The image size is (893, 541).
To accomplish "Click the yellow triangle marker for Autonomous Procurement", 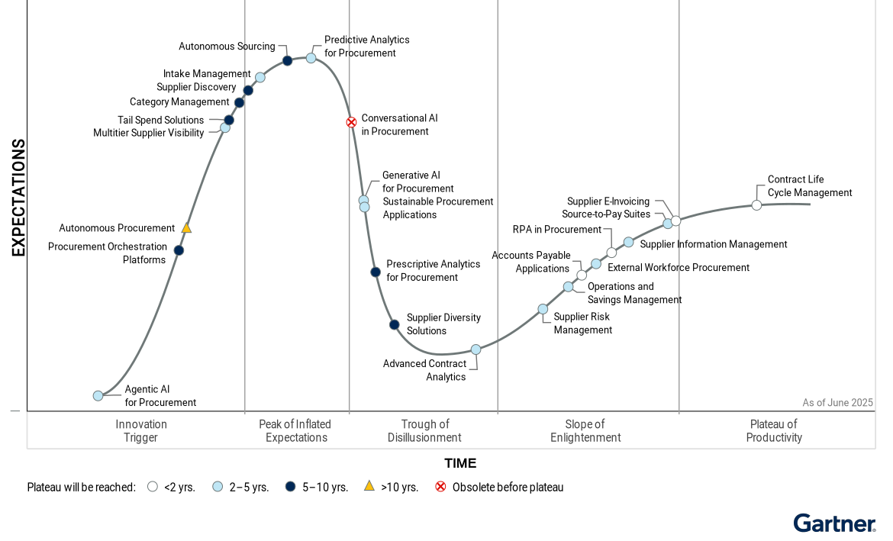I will (186, 227).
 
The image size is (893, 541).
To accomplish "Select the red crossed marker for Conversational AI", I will (351, 122).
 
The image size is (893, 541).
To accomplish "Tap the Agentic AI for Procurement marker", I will (98, 395).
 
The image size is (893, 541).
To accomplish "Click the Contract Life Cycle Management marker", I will (756, 205).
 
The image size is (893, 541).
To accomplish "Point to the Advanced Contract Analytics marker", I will (476, 349).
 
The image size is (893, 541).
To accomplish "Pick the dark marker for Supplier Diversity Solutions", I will (394, 324).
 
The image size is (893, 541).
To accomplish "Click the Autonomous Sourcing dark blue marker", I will (287, 60).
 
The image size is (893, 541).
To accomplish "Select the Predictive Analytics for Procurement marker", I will (311, 58).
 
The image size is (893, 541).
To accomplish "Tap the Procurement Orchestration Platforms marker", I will (179, 250).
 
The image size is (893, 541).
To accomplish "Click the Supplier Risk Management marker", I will (543, 309).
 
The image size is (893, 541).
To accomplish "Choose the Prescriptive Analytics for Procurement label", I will (433, 271).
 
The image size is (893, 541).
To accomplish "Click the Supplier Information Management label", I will (713, 244).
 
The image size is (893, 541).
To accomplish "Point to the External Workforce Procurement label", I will (678, 268).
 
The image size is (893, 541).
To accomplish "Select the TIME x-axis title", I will (460, 463).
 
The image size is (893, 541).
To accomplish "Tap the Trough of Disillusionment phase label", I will (424, 431).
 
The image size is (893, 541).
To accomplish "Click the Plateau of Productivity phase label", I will (773, 431).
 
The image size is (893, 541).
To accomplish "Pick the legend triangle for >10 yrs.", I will (369, 486).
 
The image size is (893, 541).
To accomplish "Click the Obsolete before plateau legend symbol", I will (440, 487).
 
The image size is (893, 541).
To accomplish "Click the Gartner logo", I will (834, 523).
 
